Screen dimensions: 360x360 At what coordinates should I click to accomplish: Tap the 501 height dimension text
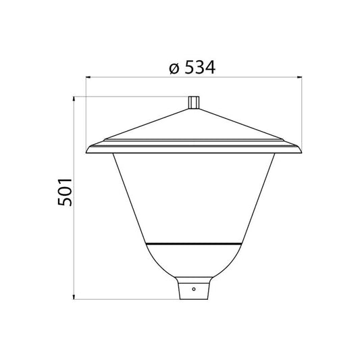[62, 197]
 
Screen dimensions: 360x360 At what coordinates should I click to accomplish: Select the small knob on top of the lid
[193, 102]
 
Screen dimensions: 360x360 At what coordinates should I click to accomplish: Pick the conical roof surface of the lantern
[193, 127]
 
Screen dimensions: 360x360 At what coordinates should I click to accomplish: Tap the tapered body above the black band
[193, 196]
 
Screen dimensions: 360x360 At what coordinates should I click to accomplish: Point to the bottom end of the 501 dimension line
[73, 298]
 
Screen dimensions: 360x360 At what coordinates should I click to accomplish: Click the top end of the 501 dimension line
[73, 97]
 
